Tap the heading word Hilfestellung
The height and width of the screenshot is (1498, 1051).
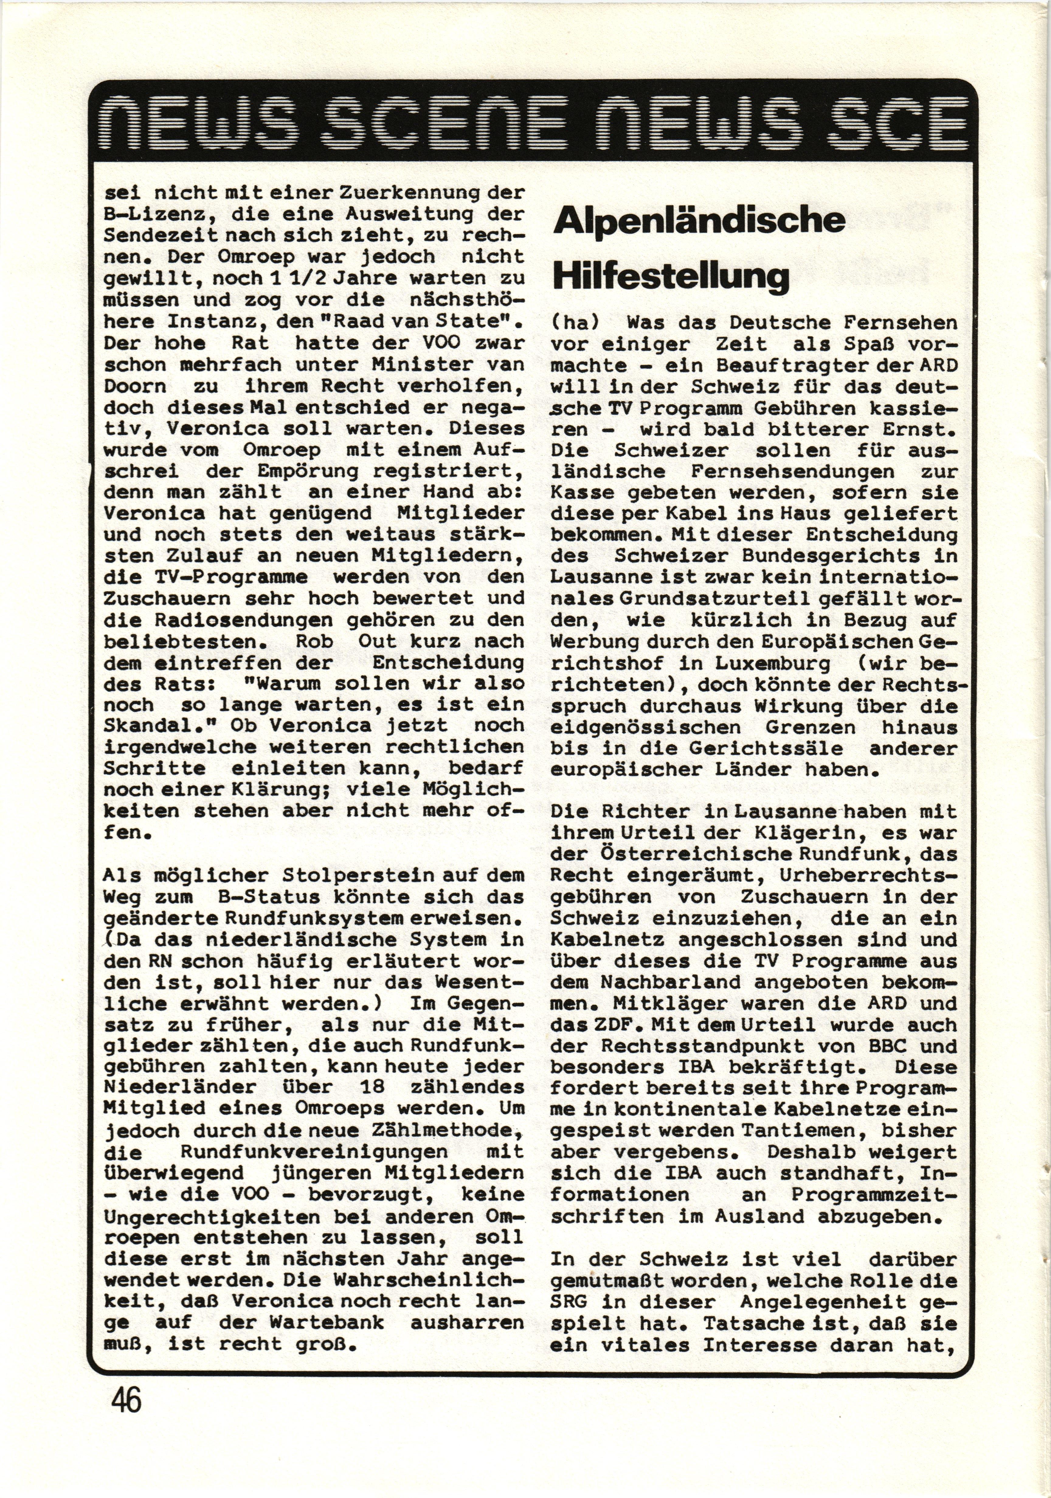tap(670, 277)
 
